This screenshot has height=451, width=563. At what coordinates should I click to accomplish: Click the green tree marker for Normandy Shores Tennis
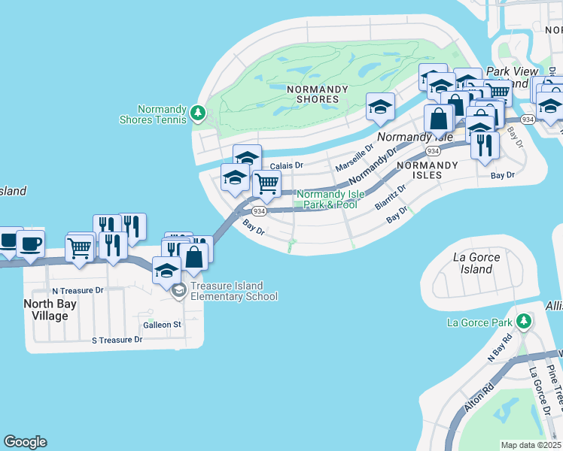pos(198,113)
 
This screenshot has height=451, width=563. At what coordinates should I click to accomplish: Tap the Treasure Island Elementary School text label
pos(233,291)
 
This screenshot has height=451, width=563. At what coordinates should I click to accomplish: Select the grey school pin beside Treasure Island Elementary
pos(178,291)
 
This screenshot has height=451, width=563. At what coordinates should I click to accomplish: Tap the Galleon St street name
pos(162,325)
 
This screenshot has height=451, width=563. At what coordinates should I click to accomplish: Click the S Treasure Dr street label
pos(117,340)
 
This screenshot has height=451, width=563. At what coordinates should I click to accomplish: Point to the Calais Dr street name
pos(286,165)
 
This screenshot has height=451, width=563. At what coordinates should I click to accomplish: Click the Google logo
pos(25,442)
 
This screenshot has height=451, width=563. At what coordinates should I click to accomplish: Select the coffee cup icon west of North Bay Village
pos(30,244)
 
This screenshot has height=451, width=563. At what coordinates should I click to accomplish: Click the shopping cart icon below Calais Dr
pos(266,183)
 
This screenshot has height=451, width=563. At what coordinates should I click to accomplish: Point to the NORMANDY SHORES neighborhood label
pos(318,94)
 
